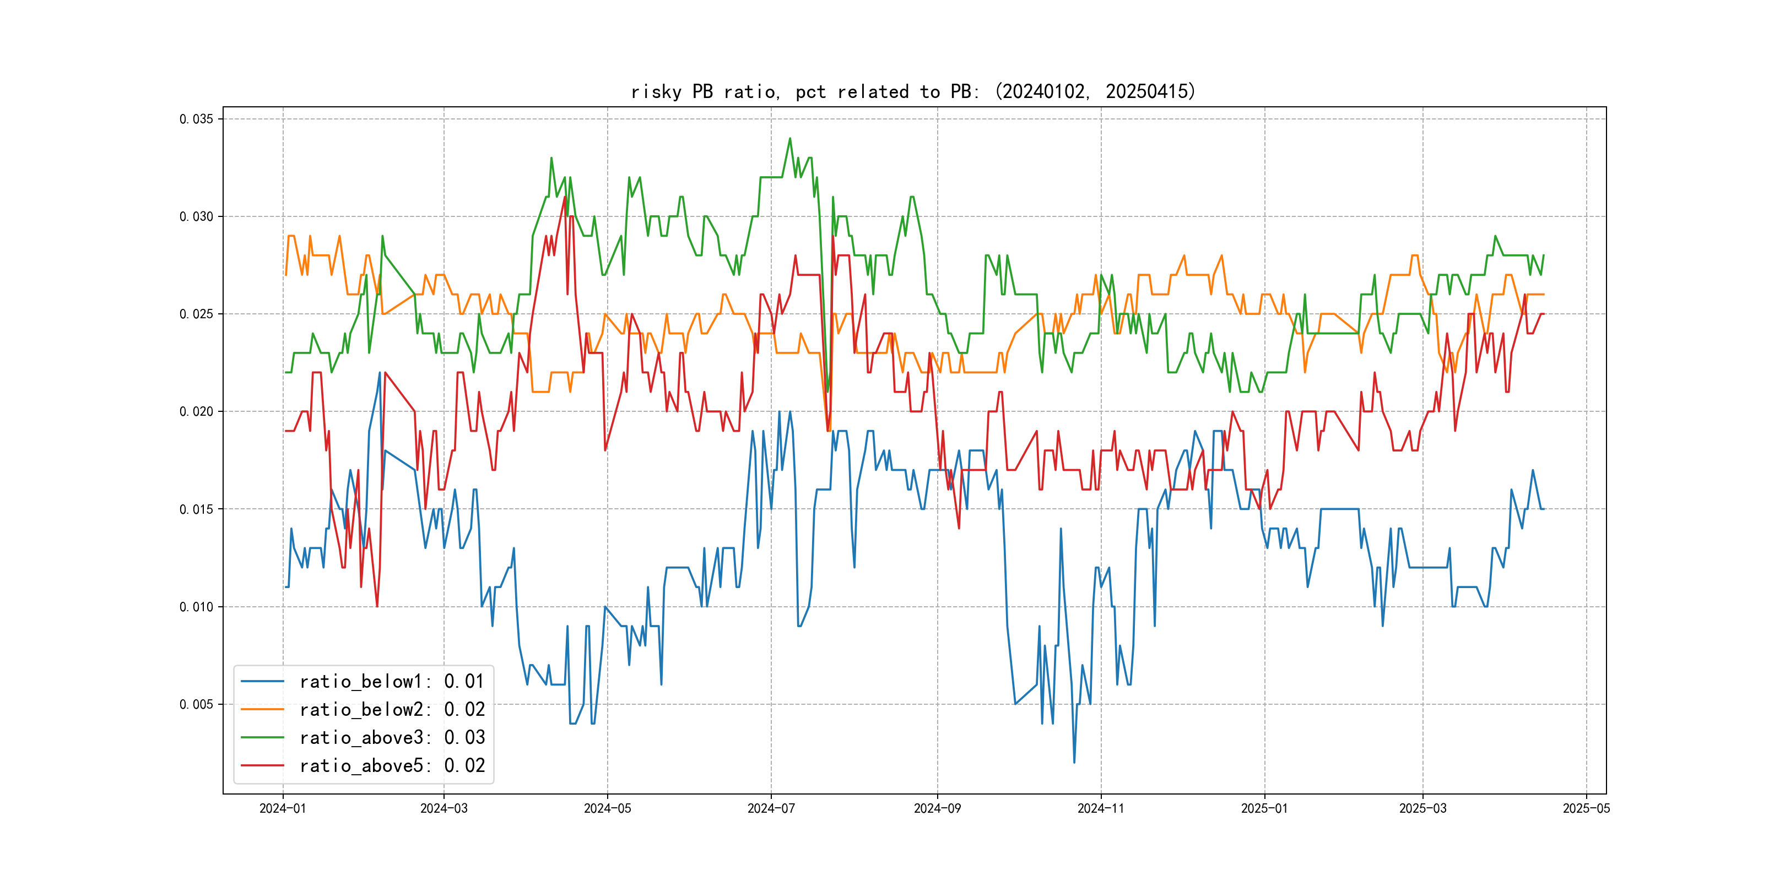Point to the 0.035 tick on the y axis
click(x=196, y=119)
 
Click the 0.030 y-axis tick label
click(x=196, y=217)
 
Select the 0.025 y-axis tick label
click(x=196, y=314)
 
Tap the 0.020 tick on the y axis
click(x=196, y=412)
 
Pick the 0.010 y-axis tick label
click(x=196, y=607)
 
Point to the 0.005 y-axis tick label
click(x=196, y=705)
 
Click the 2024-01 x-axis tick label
click(x=283, y=809)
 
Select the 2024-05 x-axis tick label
click(x=607, y=809)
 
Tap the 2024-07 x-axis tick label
click(x=771, y=809)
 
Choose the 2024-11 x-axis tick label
click(x=1100, y=809)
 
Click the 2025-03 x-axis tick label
click(x=1422, y=809)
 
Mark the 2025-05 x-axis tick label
click(x=1586, y=809)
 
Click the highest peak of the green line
click(x=790, y=139)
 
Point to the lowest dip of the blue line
click(x=1074, y=763)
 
